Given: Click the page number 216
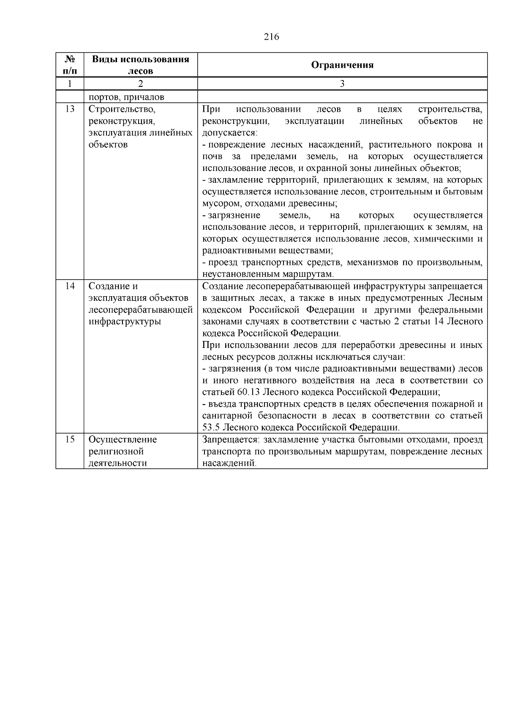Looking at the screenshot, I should click(272, 37).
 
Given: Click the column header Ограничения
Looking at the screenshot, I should click(342, 65).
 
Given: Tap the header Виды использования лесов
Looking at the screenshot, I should click(140, 65).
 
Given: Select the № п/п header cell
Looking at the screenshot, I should click(70, 65).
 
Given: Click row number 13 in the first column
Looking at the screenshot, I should click(70, 109).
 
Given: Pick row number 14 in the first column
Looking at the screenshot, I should click(70, 286).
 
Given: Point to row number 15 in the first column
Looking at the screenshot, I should click(70, 440).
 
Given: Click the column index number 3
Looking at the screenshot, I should click(342, 84).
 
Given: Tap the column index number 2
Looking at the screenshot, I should click(140, 84).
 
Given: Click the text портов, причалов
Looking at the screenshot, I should click(126, 97).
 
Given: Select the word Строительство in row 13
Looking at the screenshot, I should click(122, 109).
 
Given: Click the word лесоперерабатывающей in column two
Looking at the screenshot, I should click(140, 310).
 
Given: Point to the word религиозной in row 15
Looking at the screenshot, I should click(116, 451).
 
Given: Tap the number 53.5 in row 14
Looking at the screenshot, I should click(211, 427).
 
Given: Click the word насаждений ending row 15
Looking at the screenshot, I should click(229, 463).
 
